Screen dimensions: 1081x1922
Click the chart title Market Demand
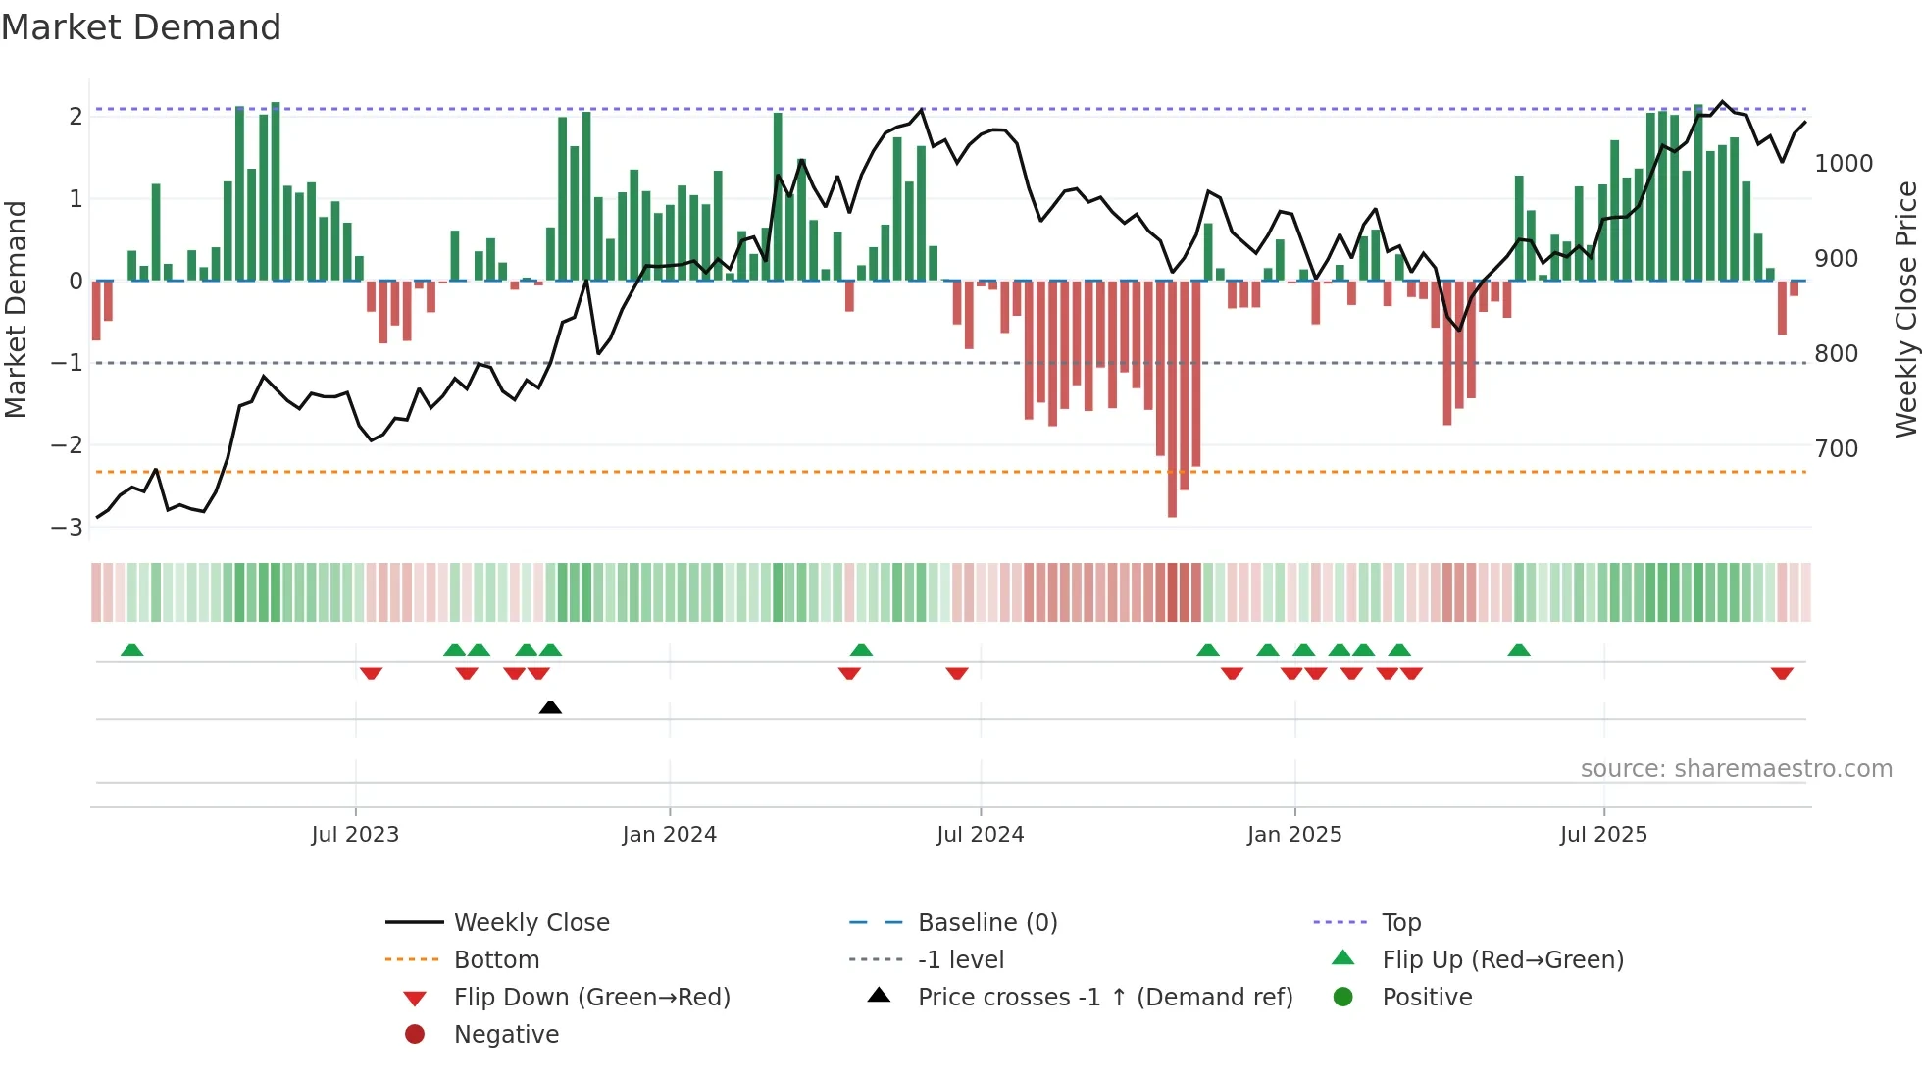(141, 27)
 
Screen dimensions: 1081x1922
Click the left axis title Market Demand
(16, 309)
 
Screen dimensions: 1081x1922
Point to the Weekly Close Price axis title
(1905, 309)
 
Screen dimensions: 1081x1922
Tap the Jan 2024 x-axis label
(669, 835)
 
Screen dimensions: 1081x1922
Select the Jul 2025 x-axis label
(1603, 835)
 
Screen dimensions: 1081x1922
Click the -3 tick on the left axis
(68, 528)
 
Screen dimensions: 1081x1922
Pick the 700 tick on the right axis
(1836, 449)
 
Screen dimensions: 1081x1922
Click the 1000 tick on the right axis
(1843, 164)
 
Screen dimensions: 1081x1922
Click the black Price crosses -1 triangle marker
(550, 707)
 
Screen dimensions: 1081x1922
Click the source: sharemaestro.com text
(1736, 769)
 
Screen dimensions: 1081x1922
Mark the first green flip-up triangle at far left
(131, 650)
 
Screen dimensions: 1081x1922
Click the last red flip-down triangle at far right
(1782, 673)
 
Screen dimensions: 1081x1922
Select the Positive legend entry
(1427, 998)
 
